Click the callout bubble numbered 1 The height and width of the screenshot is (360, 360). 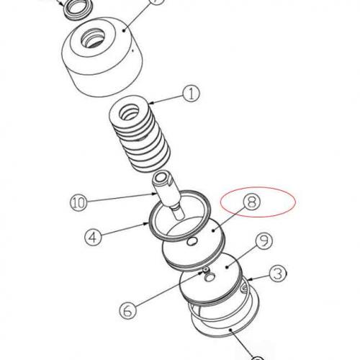click(x=191, y=93)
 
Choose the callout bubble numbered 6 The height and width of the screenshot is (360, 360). click(x=127, y=311)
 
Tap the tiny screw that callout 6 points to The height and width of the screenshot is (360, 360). click(x=205, y=271)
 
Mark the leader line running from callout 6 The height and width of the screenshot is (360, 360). click(x=166, y=292)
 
